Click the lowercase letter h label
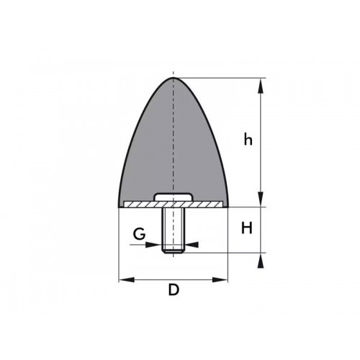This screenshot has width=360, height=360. pos(248,140)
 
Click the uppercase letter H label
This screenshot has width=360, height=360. pos(247,228)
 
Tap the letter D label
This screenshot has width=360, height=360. pos(173,291)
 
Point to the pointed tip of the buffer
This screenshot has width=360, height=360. pos(173,78)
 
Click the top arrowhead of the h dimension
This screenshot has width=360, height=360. pos(260,83)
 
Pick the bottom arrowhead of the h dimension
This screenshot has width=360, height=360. pos(260,202)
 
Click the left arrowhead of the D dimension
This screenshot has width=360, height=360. pos(123,279)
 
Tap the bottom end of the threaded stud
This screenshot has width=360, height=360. pos(173,251)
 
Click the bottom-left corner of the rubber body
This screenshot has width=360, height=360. pos(118,206)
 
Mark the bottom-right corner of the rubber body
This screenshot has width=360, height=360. pos(228,206)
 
